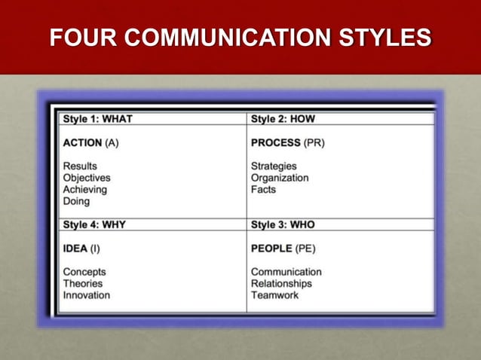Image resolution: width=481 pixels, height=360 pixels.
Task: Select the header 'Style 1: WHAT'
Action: [x=98, y=118]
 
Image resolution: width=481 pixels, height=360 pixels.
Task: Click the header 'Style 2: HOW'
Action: [x=283, y=118]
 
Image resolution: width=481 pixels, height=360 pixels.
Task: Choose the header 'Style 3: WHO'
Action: [x=284, y=224]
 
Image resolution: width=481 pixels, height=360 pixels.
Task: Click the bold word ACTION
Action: [x=82, y=142]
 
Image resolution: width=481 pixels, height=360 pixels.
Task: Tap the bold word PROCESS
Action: [x=276, y=142]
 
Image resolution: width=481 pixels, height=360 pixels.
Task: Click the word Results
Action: [x=80, y=166]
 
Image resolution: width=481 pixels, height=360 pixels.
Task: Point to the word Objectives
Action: [x=87, y=178]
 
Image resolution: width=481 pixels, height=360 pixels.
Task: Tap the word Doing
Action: [x=76, y=201]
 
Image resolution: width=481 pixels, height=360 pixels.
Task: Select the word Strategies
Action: [x=274, y=166]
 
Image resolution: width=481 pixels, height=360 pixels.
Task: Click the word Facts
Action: [x=263, y=189]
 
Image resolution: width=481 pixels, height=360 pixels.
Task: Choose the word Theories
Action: [x=83, y=283]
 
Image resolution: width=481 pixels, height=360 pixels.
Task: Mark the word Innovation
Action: [x=86, y=295]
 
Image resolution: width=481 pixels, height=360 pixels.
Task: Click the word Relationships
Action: [x=281, y=283]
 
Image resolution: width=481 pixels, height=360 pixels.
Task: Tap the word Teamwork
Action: [x=274, y=295]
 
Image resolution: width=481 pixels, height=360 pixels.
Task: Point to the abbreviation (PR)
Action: [x=314, y=142]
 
